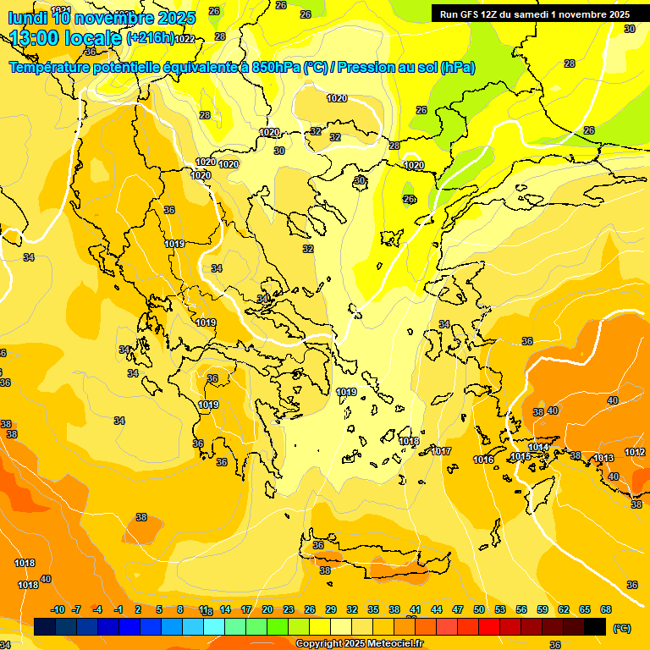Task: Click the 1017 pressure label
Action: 441,452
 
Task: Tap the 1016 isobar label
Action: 483,460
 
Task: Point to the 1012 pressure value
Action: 636,453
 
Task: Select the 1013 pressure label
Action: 603,458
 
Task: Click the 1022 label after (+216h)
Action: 185,39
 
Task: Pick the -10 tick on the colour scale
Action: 58,609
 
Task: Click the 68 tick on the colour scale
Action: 606,609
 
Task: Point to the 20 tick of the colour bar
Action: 267,609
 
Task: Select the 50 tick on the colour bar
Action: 479,609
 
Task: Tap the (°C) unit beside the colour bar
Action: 621,627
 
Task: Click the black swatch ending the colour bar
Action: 595,626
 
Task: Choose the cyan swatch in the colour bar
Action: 214,626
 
